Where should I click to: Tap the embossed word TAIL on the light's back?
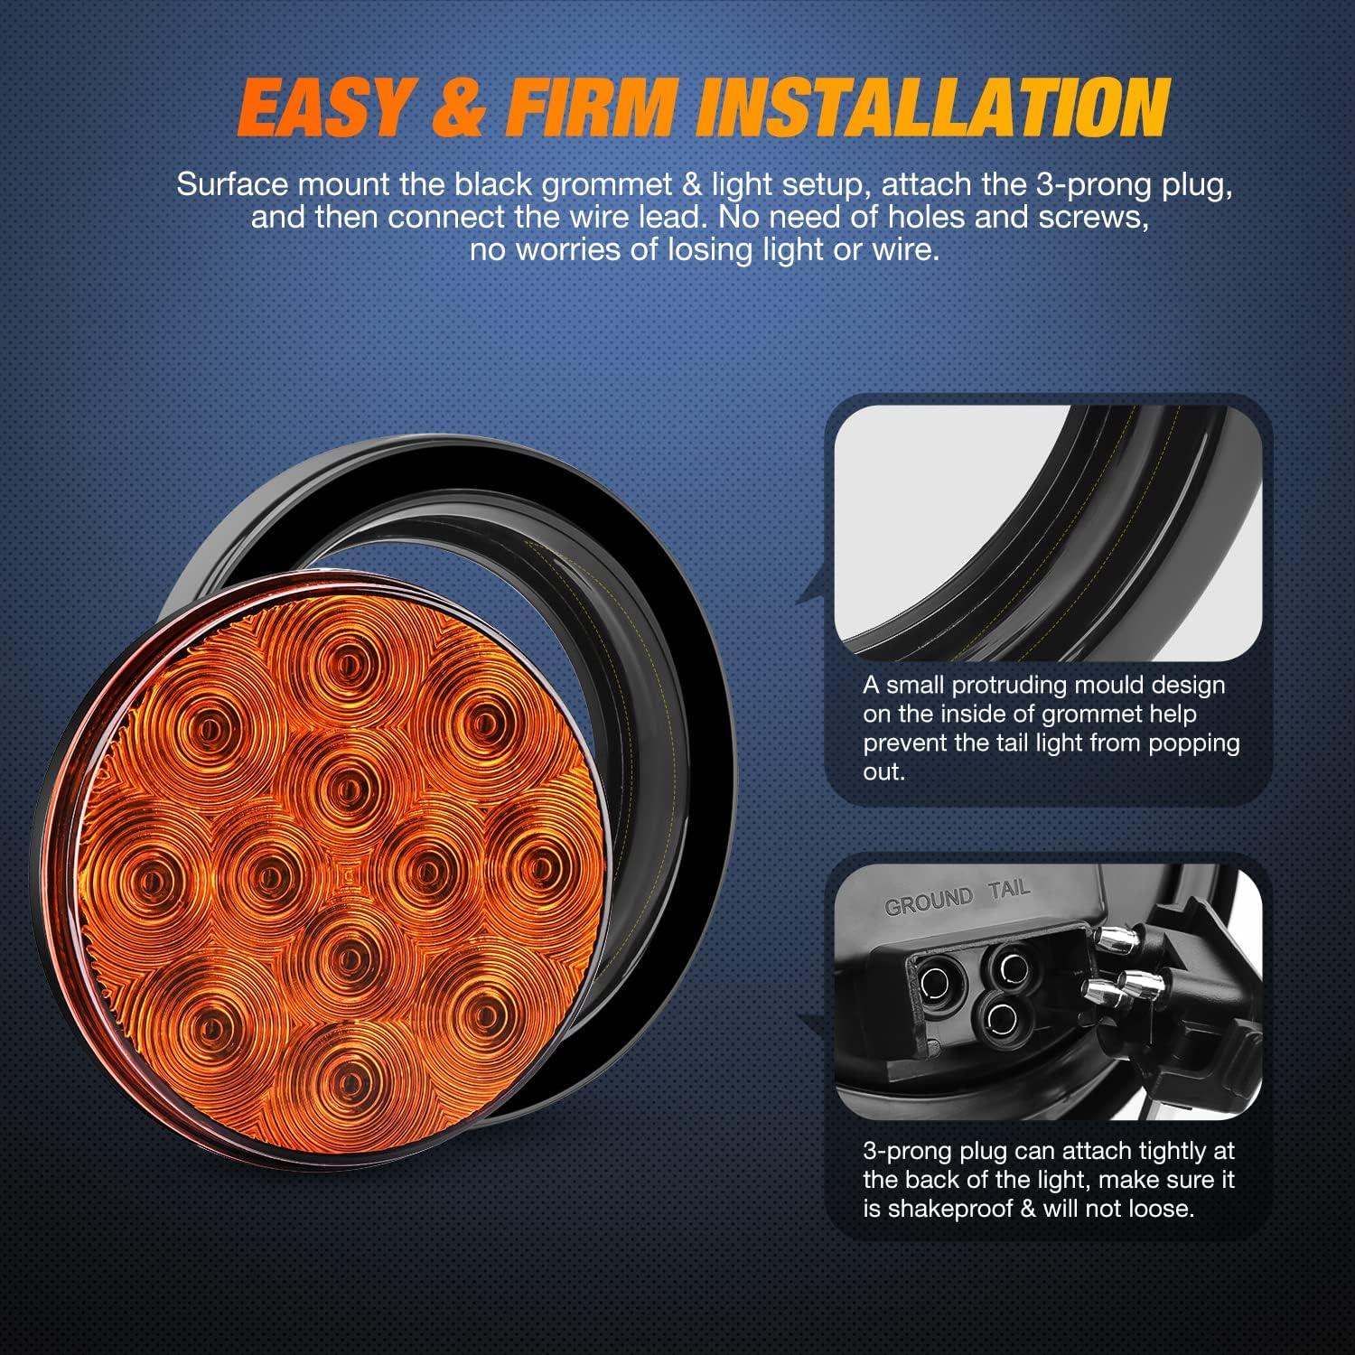[x=1008, y=889]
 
